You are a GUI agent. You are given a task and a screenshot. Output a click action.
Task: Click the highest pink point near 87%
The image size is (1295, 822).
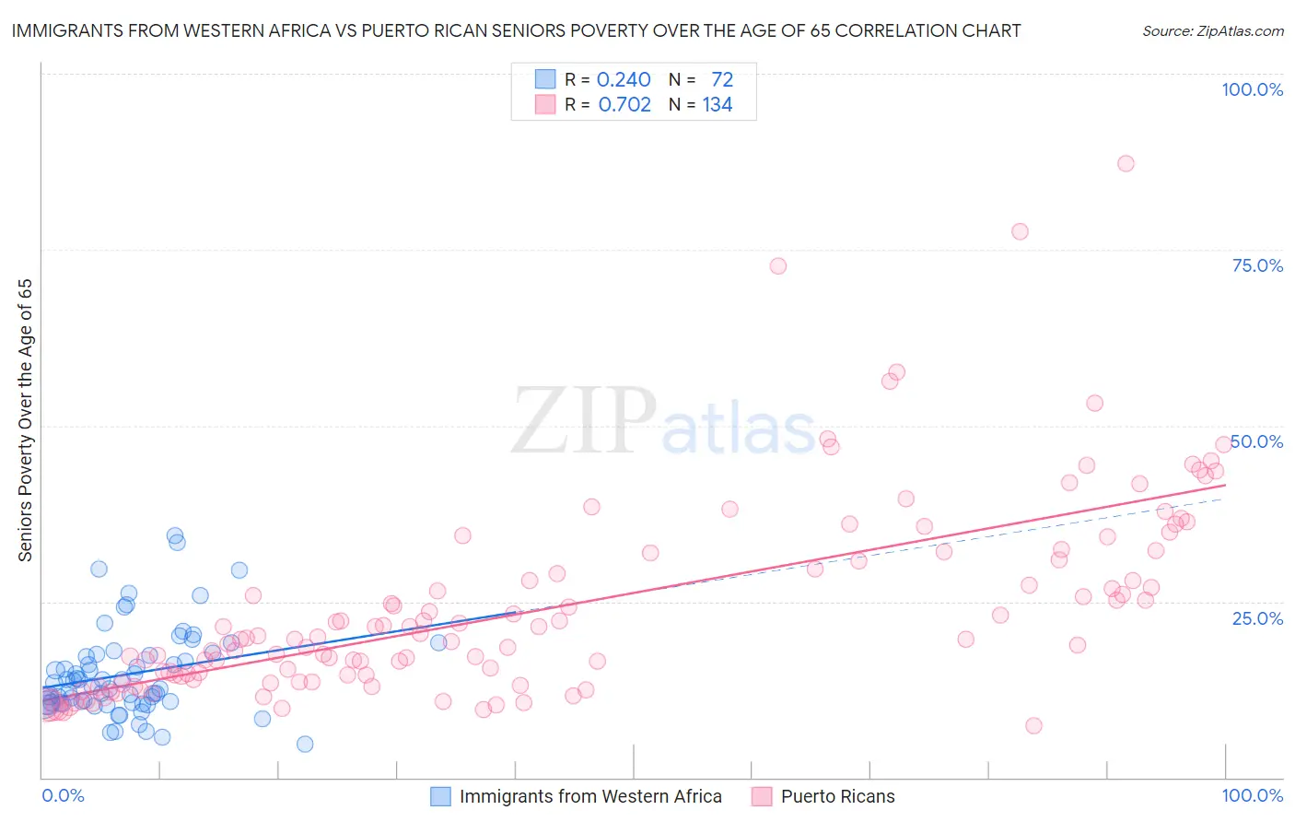tap(1125, 163)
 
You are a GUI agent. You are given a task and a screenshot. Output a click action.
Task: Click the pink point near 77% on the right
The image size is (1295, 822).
tap(1019, 231)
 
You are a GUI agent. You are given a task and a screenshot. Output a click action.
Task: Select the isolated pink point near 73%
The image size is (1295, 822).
tap(777, 265)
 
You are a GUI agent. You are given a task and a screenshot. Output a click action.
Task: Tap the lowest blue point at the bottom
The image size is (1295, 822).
tap(305, 744)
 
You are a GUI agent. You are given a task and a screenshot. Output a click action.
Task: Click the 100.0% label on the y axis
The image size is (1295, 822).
tap(1252, 89)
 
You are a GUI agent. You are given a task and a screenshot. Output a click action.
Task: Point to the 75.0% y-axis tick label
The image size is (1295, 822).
tap(1257, 265)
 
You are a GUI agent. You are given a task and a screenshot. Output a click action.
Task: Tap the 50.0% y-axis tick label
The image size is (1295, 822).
tap(1257, 441)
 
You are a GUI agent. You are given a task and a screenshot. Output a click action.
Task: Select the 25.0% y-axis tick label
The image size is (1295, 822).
tap(1257, 617)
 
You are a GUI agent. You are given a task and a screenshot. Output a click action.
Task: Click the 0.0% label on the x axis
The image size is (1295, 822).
tap(63, 795)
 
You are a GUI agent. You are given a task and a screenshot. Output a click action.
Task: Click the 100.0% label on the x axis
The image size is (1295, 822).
tap(1252, 795)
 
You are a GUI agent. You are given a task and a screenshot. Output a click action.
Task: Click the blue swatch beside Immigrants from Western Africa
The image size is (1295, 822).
tap(441, 796)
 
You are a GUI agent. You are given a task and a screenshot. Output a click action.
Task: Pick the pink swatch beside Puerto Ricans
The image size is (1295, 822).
tap(762, 796)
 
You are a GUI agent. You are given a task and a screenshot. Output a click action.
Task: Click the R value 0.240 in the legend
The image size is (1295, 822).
tap(624, 80)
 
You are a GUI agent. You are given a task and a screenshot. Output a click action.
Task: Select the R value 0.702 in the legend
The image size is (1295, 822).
tap(624, 105)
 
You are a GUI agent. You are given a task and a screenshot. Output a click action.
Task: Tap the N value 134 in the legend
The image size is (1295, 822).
tap(717, 105)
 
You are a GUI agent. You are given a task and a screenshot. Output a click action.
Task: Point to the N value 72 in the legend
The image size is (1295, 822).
tap(722, 80)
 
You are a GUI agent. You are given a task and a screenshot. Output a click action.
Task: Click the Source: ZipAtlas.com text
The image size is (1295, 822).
tap(1212, 31)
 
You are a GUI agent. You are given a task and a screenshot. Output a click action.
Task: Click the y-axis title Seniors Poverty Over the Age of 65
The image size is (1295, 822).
tap(25, 420)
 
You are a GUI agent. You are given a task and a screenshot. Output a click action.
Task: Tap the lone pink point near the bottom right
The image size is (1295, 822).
tap(1033, 725)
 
